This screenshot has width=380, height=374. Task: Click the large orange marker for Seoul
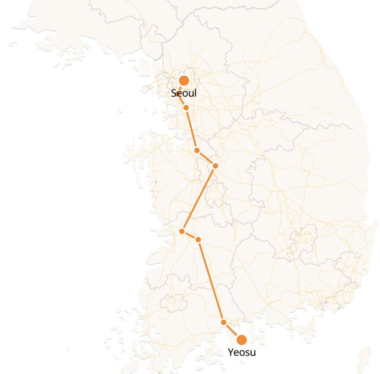184,81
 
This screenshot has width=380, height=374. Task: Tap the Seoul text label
184,93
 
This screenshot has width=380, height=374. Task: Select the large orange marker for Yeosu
242,340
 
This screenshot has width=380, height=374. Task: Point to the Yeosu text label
242,353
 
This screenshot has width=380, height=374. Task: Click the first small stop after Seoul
186,107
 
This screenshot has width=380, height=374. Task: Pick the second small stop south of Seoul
197,150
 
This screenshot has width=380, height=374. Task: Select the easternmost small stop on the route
215,166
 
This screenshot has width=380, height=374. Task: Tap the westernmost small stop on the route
182,231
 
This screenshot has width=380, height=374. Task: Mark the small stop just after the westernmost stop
198,239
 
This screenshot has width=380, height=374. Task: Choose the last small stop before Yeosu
224,322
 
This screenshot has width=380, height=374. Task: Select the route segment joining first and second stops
192,129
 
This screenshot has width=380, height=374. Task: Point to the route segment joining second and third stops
206,158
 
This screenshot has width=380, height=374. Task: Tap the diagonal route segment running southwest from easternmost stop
199,199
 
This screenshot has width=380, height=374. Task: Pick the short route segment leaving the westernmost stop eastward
190,235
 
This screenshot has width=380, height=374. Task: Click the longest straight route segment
211,280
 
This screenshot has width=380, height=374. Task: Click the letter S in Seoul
174,93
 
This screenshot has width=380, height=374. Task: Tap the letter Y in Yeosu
230,353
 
